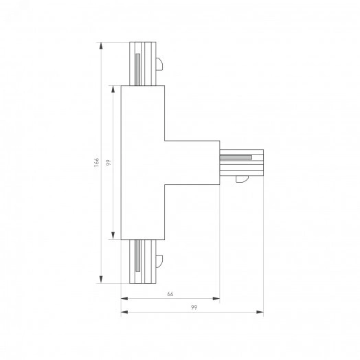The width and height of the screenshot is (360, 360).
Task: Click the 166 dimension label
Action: [x=98, y=163]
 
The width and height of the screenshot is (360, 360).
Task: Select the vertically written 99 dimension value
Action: [x=109, y=163]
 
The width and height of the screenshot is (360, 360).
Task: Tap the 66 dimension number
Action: [x=170, y=293]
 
